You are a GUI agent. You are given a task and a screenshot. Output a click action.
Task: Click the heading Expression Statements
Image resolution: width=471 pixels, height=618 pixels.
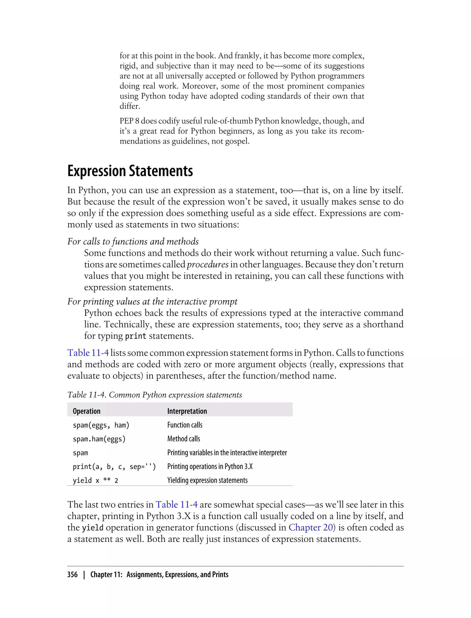[130, 171]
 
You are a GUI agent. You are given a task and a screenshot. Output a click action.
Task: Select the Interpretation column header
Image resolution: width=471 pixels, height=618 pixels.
[187, 411]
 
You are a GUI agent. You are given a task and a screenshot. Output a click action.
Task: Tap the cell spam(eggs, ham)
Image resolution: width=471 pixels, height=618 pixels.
[101, 425]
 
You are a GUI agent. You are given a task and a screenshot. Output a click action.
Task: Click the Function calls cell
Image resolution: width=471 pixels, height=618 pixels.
[185, 425]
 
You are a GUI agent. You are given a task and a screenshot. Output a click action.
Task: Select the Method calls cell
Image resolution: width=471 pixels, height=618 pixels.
[184, 439]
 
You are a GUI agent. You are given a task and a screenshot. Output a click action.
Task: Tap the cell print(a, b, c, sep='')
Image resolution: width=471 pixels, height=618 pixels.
[114, 467]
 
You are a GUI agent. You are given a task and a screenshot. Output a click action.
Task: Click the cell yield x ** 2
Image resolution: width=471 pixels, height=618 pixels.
[95, 480]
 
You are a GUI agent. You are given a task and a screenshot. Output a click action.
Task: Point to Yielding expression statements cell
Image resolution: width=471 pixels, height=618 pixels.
[207, 480]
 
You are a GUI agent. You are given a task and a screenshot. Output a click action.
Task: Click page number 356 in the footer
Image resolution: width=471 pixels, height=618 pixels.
[72, 575]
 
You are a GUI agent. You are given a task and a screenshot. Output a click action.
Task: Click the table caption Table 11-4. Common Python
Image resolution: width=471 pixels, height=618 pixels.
[155, 395]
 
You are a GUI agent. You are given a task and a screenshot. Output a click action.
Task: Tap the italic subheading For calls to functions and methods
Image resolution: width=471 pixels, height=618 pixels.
[133, 242]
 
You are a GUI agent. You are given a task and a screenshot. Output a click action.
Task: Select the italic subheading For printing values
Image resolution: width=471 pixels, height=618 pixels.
[152, 302]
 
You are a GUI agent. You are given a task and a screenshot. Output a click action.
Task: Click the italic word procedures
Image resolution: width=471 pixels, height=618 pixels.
[207, 265]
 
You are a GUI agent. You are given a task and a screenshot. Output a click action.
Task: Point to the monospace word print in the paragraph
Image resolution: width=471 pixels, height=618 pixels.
[135, 336]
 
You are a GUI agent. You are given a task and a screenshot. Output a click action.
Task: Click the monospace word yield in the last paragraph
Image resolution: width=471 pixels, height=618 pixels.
[93, 528]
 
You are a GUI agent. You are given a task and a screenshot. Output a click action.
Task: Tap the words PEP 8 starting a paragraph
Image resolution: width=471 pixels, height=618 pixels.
[129, 121]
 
